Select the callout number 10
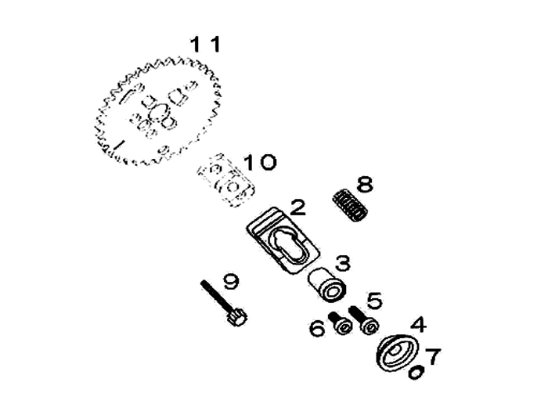pyautogui.click(x=258, y=163)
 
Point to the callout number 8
pyautogui.click(x=364, y=185)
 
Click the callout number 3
pyautogui.click(x=343, y=263)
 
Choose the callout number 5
pyautogui.click(x=373, y=300)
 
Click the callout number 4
pyautogui.click(x=419, y=323)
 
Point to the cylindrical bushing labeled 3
pyautogui.click(x=326, y=284)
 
